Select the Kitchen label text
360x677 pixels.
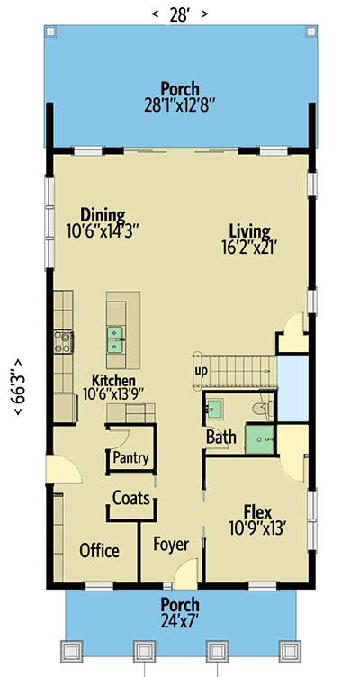[113, 380]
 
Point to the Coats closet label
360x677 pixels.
[131, 497]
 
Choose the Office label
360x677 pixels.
[100, 550]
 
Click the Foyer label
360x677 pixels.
[171, 544]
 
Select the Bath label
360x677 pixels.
[221, 438]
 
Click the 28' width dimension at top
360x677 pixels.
[179, 14]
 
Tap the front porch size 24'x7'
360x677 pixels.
[179, 619]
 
